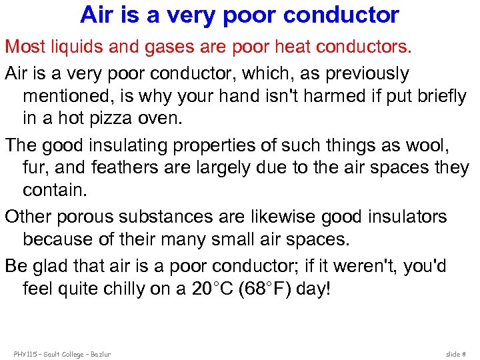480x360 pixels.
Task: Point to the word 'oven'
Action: point(145,120)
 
